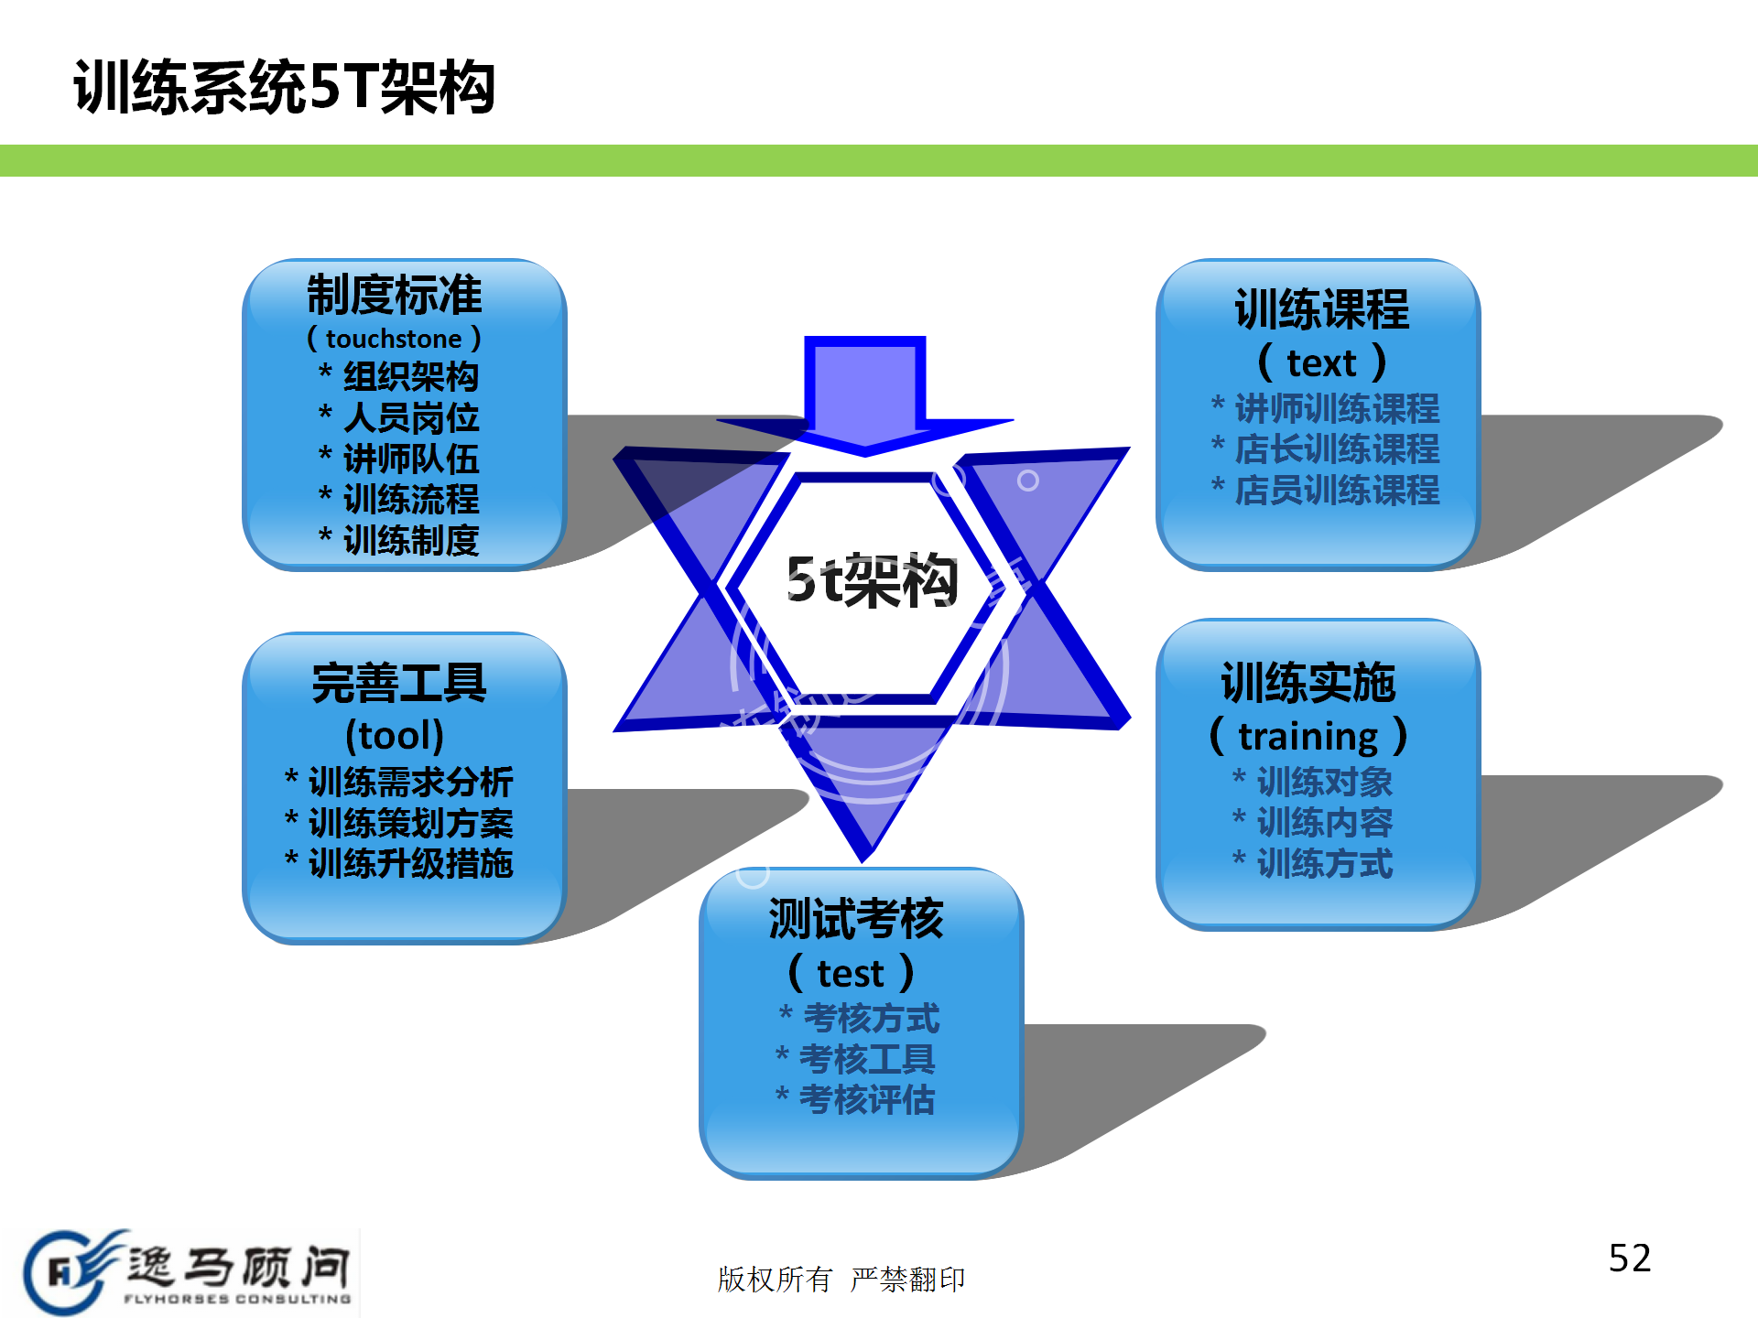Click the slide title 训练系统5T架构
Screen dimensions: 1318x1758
[x=284, y=88]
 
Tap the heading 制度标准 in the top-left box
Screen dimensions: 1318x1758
[x=395, y=295]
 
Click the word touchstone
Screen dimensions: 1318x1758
[x=394, y=339]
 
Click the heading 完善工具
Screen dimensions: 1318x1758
[x=399, y=683]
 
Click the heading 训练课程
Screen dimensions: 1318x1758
[x=1321, y=309]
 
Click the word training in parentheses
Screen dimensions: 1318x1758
[x=1308, y=736]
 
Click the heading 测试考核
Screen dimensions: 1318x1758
[x=856, y=919]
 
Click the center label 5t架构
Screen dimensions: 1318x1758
[x=872, y=581]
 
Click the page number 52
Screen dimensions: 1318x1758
[x=1630, y=1259]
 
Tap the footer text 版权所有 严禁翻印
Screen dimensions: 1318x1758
[x=841, y=1279]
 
